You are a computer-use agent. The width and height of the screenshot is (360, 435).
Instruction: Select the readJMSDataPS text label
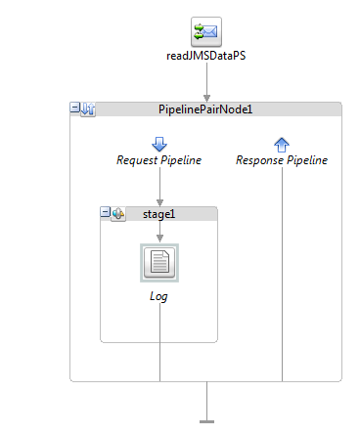(x=205, y=57)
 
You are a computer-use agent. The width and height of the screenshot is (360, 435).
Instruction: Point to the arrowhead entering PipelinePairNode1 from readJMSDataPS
(x=206, y=96)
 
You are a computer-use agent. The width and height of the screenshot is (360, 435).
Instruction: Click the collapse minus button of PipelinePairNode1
(x=75, y=109)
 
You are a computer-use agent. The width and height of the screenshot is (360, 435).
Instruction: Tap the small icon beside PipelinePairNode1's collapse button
(x=88, y=109)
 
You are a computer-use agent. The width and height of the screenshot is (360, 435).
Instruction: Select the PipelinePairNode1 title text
(x=205, y=109)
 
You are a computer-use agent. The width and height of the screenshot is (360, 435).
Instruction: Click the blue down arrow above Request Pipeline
(x=159, y=145)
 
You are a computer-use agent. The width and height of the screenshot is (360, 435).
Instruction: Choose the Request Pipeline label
(x=159, y=160)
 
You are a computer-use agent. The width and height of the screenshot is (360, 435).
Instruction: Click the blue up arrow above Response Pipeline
(x=282, y=145)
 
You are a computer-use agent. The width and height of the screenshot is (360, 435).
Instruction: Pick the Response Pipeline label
(x=282, y=160)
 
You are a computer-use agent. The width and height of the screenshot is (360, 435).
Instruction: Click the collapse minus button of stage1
(x=106, y=212)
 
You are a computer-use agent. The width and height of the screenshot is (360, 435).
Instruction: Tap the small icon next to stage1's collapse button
(x=118, y=212)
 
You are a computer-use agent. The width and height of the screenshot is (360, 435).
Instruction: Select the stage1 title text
(x=159, y=212)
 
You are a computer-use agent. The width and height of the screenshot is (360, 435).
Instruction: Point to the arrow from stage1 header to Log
(x=159, y=236)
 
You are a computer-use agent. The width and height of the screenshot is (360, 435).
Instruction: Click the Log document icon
(x=159, y=262)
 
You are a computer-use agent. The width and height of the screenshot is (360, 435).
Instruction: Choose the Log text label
(x=159, y=295)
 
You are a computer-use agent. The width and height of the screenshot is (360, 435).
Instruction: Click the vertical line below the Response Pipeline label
(x=282, y=274)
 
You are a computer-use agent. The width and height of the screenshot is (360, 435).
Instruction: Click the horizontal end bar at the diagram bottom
(x=206, y=421)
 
